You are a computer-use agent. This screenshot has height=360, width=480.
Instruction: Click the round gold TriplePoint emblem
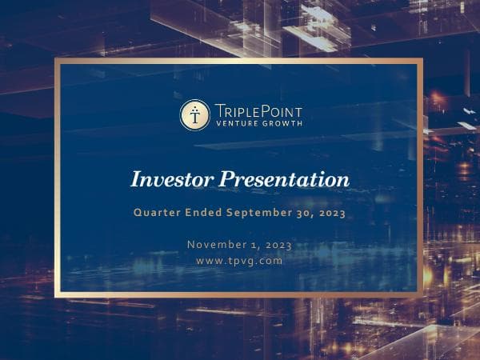click(194, 115)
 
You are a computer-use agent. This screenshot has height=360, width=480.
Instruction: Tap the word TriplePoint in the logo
click(258, 110)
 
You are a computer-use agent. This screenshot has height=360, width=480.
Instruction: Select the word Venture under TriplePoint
click(237, 124)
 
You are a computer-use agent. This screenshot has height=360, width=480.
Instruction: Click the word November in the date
click(218, 244)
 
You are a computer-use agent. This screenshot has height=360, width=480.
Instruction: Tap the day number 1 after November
click(258, 244)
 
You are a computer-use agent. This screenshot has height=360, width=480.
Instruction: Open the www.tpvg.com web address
click(239, 261)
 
